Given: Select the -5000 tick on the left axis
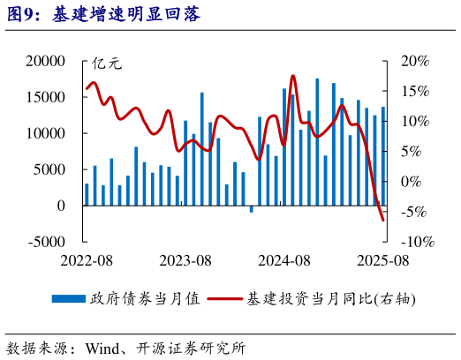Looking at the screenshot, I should pyautogui.click(x=47, y=242).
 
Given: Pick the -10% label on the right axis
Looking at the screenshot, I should pyautogui.click(x=415, y=242).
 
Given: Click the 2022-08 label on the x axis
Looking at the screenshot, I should pyautogui.click(x=87, y=260).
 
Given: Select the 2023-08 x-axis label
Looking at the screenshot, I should pyautogui.click(x=185, y=260).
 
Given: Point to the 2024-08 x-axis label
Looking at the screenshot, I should pyautogui.click(x=284, y=260).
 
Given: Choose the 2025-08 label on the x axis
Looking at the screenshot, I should pyautogui.click(x=383, y=260).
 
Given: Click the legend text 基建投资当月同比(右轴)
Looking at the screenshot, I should pyautogui.click(x=334, y=299).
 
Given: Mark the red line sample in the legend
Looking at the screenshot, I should pyautogui.click(x=226, y=299).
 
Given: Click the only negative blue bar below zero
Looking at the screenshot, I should pyautogui.click(x=252, y=209).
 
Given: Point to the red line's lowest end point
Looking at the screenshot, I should pyautogui.click(x=383, y=220).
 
